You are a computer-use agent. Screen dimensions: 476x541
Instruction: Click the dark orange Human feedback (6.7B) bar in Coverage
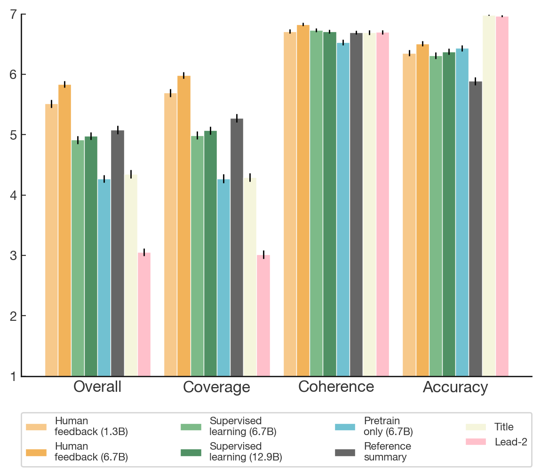coord(183,226)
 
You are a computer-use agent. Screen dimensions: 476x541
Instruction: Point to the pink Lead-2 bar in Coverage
coord(263,315)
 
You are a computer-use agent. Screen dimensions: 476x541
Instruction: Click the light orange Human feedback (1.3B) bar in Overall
coord(51,240)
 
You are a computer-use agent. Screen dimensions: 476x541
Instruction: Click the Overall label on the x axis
coord(97,387)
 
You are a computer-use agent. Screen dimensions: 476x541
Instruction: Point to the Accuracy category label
coord(455,387)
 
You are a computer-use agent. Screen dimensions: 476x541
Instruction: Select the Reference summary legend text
coord(387,452)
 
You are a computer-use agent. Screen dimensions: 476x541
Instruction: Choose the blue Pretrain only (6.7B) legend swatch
coord(345,427)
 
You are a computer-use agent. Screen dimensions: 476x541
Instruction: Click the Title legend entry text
coord(504,427)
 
